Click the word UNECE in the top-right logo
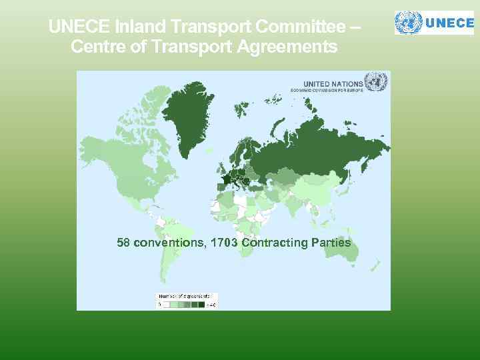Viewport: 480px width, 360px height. pyautogui.click(x=449, y=22)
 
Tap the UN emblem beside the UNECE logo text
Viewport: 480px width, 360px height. pyautogui.click(x=408, y=22)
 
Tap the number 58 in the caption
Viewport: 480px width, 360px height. pyautogui.click(x=123, y=242)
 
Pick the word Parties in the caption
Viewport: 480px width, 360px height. pyautogui.click(x=331, y=242)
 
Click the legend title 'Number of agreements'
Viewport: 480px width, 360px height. pyautogui.click(x=184, y=295)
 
